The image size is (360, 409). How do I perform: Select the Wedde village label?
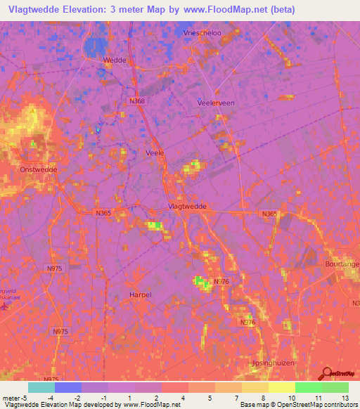115,60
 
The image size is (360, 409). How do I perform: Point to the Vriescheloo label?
199,33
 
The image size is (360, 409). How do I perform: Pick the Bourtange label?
343,262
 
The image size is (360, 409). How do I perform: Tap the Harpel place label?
141,294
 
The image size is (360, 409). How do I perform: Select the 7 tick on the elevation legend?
229,398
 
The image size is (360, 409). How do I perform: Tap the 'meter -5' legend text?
14,398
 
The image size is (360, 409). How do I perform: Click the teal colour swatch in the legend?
41,387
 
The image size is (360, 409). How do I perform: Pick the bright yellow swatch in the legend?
282,387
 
